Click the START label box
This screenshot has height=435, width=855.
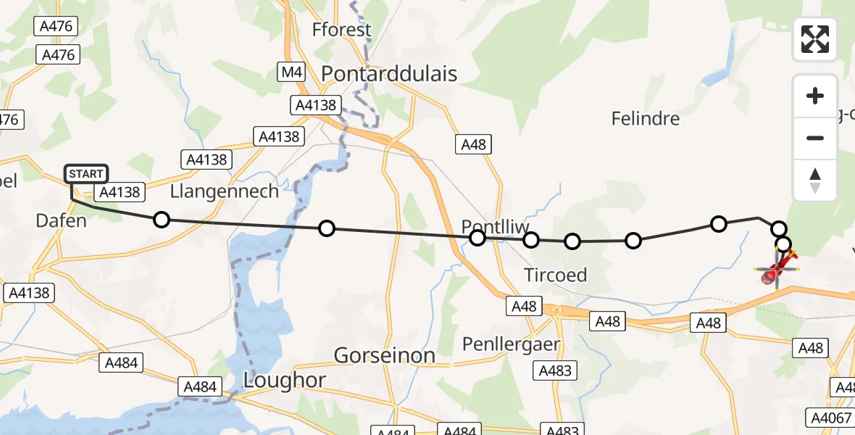pyautogui.click(x=86, y=174)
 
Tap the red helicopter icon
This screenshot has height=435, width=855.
pyautogui.click(x=776, y=268)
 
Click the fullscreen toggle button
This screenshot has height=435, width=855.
pyautogui.click(x=815, y=39)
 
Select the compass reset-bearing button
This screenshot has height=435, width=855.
pyautogui.click(x=815, y=180)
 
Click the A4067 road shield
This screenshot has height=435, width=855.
pyautogui.click(x=830, y=418)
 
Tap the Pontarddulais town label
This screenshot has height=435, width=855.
pyautogui.click(x=389, y=73)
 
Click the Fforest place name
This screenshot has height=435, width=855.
pyautogui.click(x=341, y=30)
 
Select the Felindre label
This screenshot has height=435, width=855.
pyautogui.click(x=646, y=118)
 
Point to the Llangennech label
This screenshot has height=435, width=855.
pyautogui.click(x=225, y=191)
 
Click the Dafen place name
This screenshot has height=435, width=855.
pyautogui.click(x=62, y=220)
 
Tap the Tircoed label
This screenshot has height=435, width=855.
pyautogui.click(x=556, y=275)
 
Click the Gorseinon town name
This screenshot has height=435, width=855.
pyautogui.click(x=384, y=355)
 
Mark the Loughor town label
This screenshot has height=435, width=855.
pyautogui.click(x=285, y=380)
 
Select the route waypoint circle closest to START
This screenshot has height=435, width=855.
pyautogui.click(x=162, y=220)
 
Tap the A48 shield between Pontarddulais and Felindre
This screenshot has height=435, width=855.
pyautogui.click(x=473, y=144)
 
